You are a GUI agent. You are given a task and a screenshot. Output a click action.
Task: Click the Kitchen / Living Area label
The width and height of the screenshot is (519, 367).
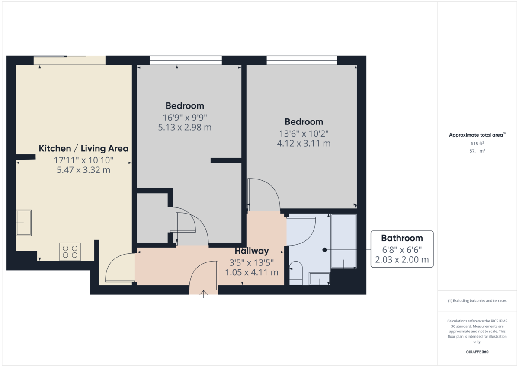(83, 148)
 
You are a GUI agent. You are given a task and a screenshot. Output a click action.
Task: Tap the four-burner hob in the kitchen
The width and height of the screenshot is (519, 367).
(70, 252)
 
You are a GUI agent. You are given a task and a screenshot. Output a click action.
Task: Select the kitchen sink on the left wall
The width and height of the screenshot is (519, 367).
(24, 223)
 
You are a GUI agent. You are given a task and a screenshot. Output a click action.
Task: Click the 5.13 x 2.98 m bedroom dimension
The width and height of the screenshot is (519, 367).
(185, 128)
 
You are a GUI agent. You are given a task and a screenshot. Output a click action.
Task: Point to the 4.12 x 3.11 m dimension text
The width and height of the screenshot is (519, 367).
(304, 144)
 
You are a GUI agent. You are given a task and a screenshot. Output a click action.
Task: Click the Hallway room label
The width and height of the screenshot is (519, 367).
(252, 251)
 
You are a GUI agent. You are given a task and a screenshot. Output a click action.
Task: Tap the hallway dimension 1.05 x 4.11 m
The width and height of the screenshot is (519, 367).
(252, 272)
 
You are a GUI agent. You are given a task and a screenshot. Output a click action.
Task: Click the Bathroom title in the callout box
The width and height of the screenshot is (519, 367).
(402, 238)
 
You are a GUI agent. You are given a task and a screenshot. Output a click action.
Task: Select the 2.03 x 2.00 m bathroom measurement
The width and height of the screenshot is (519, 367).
(402, 259)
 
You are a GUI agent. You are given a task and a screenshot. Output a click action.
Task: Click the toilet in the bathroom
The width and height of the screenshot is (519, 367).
(296, 273)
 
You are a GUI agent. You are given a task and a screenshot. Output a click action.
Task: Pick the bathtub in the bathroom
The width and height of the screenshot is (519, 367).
(343, 241)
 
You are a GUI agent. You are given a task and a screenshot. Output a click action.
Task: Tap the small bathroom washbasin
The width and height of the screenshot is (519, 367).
(320, 279)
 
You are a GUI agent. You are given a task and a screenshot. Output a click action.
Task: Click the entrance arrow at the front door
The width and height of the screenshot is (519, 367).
(203, 294)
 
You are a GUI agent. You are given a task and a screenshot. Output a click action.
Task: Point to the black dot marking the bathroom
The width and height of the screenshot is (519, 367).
(325, 250)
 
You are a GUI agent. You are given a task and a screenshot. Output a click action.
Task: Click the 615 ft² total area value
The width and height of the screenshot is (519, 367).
(477, 144)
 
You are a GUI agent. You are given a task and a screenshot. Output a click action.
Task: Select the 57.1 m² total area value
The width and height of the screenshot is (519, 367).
(477, 151)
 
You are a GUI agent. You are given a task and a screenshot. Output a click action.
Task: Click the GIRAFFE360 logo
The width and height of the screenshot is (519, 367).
(477, 352)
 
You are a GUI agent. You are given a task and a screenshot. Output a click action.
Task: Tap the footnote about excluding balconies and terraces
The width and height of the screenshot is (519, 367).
(477, 301)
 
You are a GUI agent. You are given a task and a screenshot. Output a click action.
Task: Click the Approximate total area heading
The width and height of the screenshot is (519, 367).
(477, 135)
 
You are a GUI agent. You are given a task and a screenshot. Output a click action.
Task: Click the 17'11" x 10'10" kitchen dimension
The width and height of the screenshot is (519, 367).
(83, 160)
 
